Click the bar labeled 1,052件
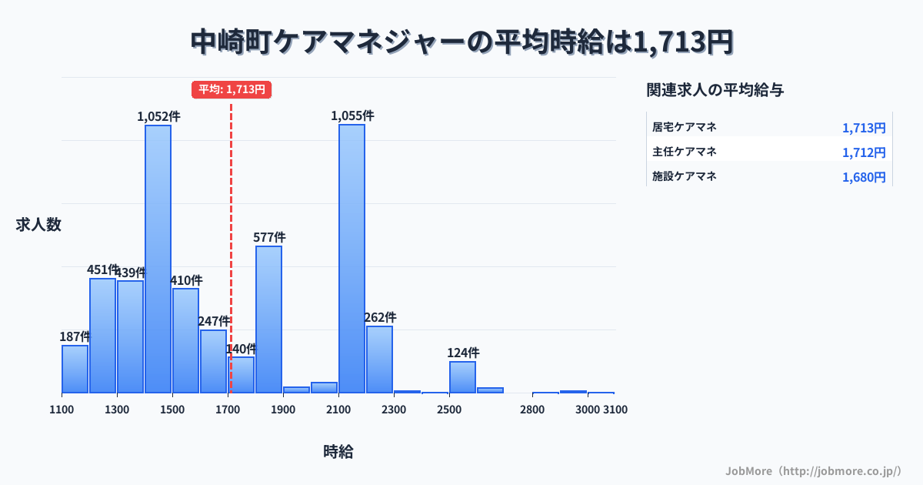point(158,259)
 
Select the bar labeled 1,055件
point(352,259)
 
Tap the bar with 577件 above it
point(268,319)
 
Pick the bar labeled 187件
point(75,369)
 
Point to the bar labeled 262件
point(379,360)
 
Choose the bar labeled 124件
point(462,377)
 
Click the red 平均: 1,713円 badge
point(232,89)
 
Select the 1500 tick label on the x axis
point(172,410)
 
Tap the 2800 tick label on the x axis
point(532,410)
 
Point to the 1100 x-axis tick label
point(62,410)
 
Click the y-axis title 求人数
point(38,225)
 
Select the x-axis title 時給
point(338,452)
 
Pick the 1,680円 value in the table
point(864,177)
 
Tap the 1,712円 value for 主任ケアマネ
point(864,152)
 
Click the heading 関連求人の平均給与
point(715,90)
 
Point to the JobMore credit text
point(813,470)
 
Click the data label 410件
point(187,280)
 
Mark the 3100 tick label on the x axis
point(615,410)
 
